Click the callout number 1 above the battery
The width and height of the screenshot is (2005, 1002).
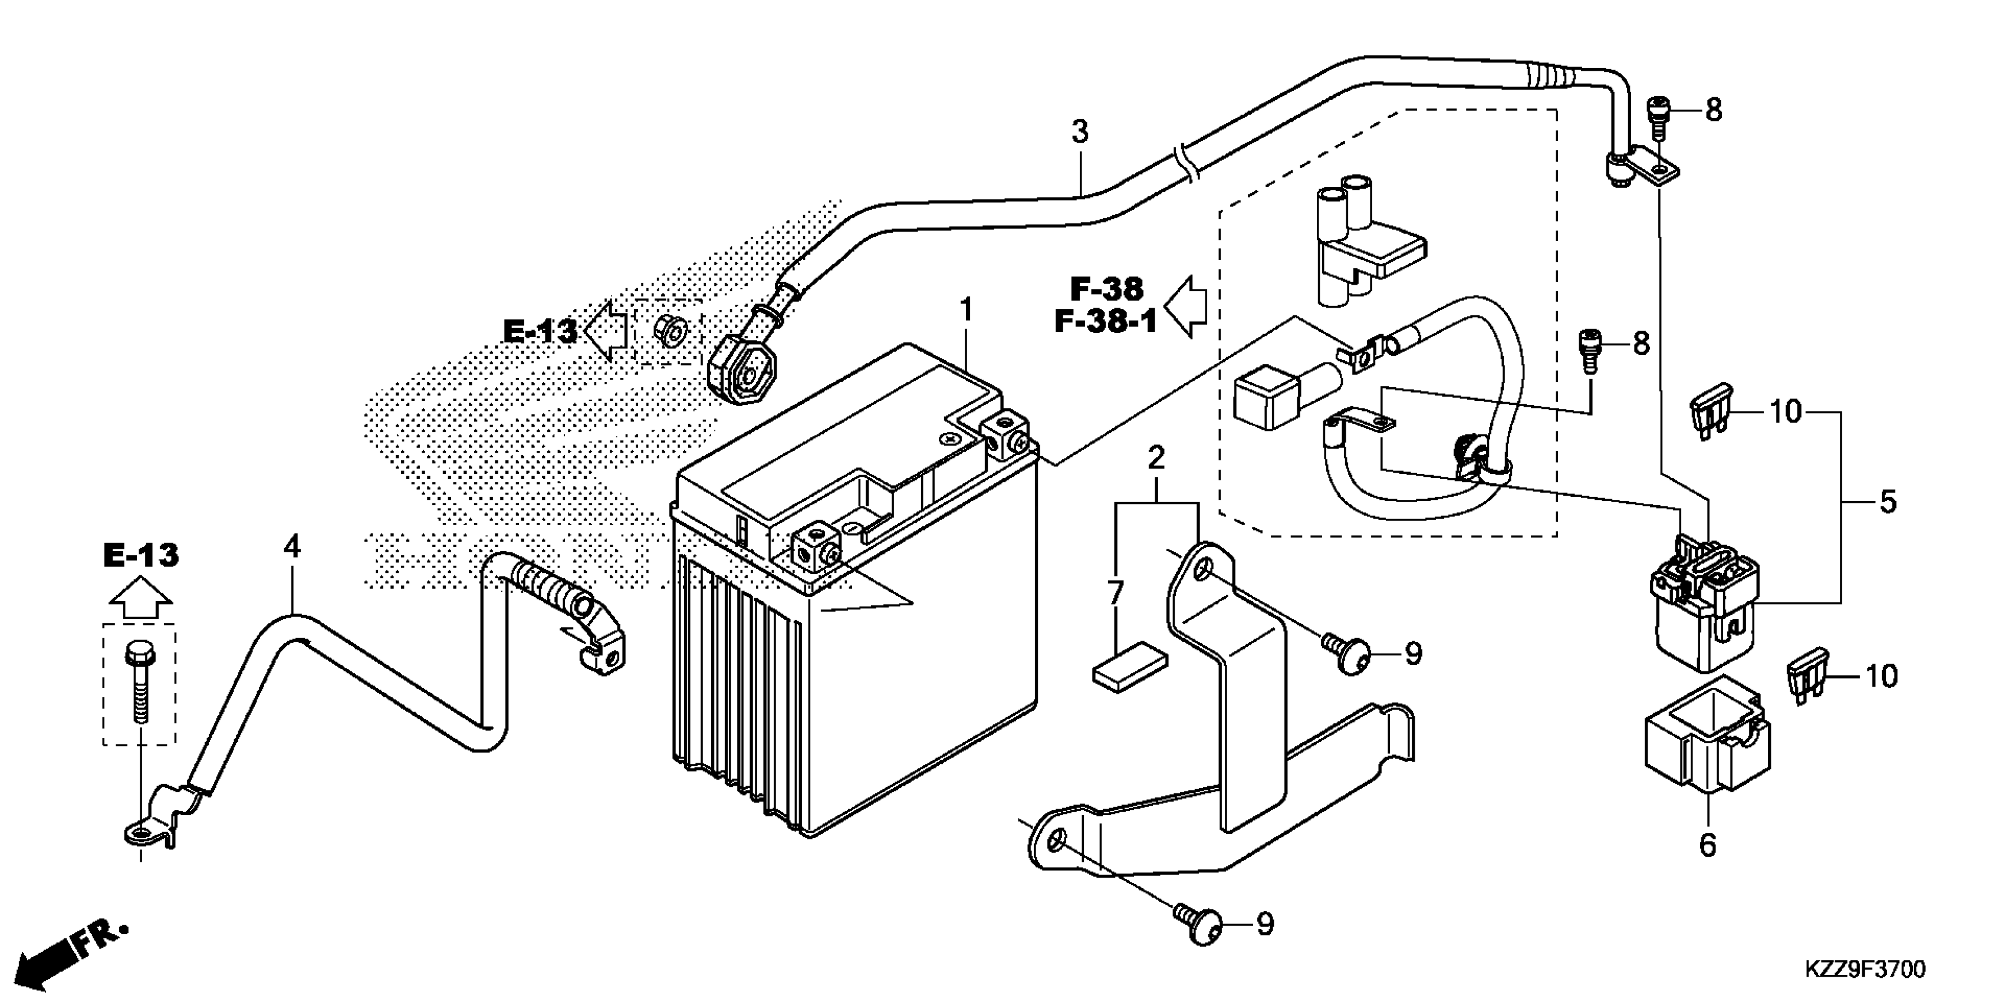coord(966,311)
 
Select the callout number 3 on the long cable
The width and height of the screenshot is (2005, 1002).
coord(1080,132)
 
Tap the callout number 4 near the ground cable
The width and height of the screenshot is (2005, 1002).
coord(291,548)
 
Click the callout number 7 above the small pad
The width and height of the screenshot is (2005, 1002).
coord(1115,594)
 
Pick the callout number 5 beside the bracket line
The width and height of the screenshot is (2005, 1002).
coord(1888,503)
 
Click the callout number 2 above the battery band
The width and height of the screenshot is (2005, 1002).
coord(1156,457)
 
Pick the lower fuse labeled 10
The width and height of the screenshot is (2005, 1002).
coord(1808,677)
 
